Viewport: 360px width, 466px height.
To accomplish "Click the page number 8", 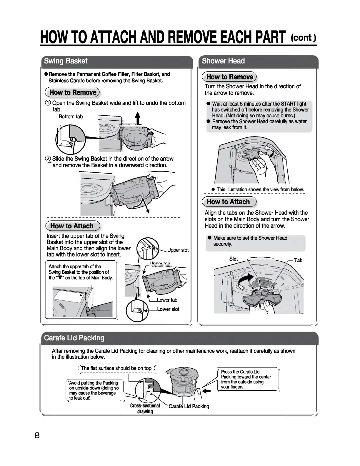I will click(x=37, y=435).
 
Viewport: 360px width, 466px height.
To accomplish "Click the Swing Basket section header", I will click(x=66, y=61).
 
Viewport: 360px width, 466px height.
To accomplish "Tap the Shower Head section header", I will click(x=223, y=61).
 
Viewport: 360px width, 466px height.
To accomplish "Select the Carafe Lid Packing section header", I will click(x=74, y=338).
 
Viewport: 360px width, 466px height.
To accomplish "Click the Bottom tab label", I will click(x=71, y=116).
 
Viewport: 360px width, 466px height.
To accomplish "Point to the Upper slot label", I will click(x=178, y=250).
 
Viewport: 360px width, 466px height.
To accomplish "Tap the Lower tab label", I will click(x=167, y=300).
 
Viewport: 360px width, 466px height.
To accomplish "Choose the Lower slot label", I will click(x=168, y=309).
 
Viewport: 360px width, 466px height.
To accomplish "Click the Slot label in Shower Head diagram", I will click(x=234, y=259).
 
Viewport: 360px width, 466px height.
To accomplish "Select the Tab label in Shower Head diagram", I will click(x=298, y=260).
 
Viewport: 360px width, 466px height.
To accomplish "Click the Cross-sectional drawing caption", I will click(x=145, y=409).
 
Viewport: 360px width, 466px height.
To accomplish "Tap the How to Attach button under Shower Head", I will click(x=228, y=202).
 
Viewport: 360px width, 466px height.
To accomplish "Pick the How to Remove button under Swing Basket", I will click(x=73, y=92).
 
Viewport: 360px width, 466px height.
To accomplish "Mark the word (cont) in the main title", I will click(x=303, y=38).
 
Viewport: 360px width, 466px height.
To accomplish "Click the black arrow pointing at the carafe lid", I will click(x=207, y=391).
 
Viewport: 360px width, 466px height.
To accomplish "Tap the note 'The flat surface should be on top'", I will click(x=116, y=368).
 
